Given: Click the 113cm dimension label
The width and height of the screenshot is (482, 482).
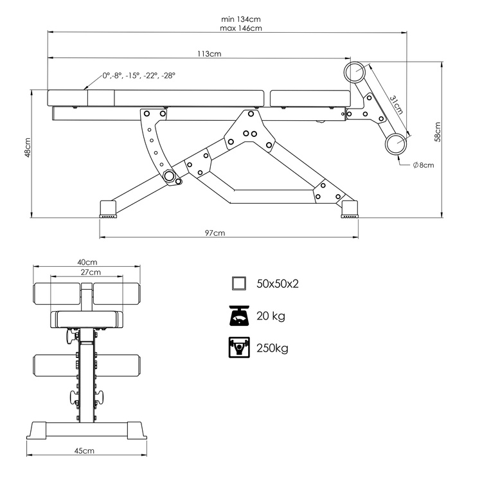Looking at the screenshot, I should [210, 55].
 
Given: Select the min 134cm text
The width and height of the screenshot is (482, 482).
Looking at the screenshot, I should [240, 19].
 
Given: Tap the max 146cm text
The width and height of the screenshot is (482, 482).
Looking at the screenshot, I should [240, 28].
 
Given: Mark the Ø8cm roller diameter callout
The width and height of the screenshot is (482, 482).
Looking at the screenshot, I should [423, 165].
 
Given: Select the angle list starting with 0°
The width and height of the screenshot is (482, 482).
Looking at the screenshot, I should [138, 75].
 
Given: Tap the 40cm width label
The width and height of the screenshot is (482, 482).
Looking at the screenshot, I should [87, 262].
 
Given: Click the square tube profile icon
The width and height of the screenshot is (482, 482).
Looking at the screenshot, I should [239, 283].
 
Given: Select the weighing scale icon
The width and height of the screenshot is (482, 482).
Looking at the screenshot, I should [239, 316].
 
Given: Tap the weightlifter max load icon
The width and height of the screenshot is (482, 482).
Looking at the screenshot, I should [239, 348].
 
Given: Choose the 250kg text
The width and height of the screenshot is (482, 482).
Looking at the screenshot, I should [272, 348].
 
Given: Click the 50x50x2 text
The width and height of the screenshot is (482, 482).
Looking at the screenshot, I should [278, 283].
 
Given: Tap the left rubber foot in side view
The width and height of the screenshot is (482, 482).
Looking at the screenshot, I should [108, 209].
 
